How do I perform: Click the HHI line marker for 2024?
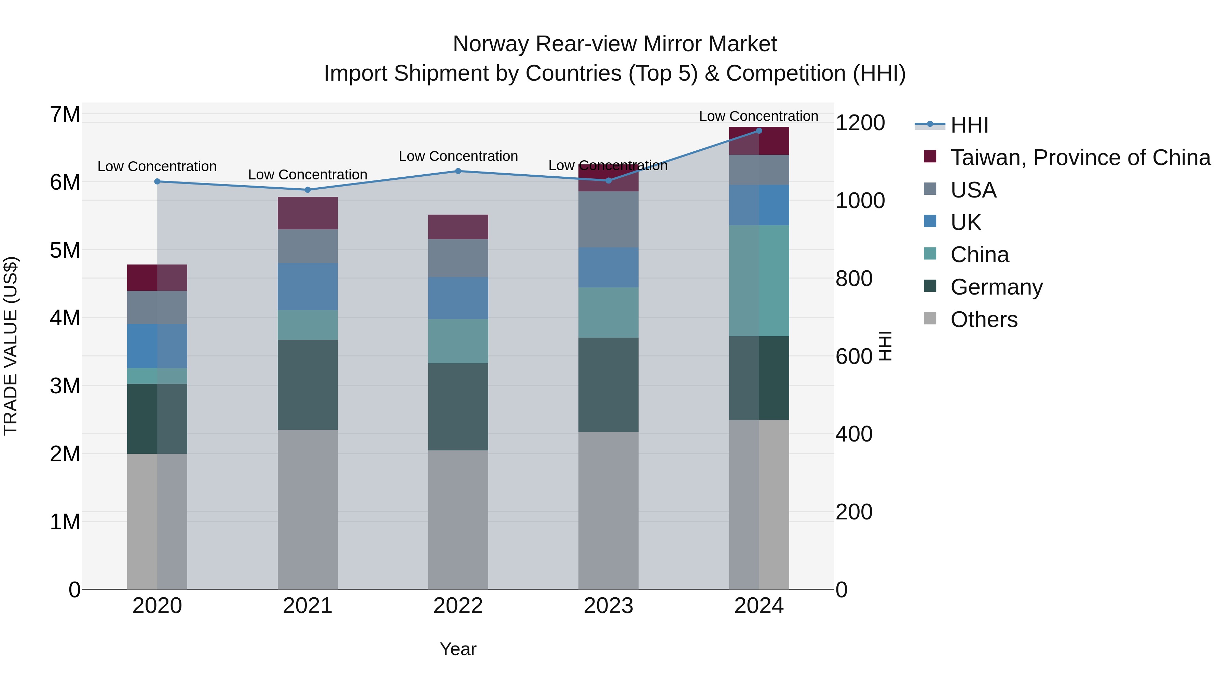pyautogui.click(x=759, y=131)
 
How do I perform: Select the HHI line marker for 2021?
pyautogui.click(x=307, y=190)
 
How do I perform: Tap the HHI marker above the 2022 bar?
pyautogui.click(x=458, y=171)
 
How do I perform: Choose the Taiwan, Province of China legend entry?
pyautogui.click(x=1080, y=158)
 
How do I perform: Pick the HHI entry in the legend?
pyautogui.click(x=969, y=125)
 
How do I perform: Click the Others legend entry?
pyautogui.click(x=984, y=320)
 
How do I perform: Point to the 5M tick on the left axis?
pyautogui.click(x=65, y=250)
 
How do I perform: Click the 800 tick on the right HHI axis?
pyautogui.click(x=854, y=279)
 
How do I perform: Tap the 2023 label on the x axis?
pyautogui.click(x=608, y=606)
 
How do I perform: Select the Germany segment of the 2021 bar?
pyautogui.click(x=307, y=384)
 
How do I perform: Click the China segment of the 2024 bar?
pyautogui.click(x=759, y=281)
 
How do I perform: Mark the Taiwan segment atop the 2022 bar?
pyautogui.click(x=458, y=227)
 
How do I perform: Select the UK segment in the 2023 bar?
pyautogui.click(x=608, y=268)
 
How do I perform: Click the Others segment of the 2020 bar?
pyautogui.click(x=157, y=521)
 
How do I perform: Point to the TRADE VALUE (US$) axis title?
pyautogui.click(x=11, y=346)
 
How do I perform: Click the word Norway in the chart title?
pyautogui.click(x=491, y=44)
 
